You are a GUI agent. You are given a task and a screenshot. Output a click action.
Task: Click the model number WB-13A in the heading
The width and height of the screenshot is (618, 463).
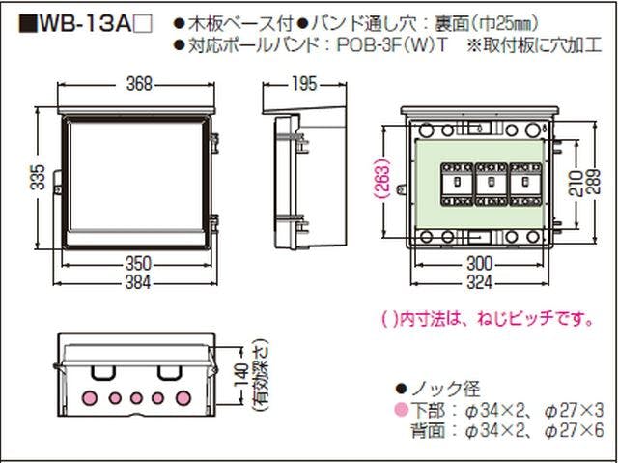[85, 25]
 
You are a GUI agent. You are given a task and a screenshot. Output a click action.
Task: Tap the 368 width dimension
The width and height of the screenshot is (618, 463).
[139, 84]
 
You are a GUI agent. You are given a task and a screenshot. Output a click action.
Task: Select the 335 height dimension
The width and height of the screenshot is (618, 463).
[38, 177]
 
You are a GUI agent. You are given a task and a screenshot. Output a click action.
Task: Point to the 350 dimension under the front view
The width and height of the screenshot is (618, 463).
[138, 264]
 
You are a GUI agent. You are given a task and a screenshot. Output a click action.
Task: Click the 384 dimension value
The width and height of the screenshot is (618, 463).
[138, 282]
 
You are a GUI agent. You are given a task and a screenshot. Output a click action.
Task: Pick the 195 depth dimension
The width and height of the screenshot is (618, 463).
[304, 83]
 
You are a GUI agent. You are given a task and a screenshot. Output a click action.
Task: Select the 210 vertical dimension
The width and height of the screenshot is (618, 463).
[576, 184]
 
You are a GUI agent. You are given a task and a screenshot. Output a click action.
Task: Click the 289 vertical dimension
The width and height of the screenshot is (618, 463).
[593, 182]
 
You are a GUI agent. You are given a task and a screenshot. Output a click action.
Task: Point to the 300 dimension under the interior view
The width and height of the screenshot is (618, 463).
[480, 264]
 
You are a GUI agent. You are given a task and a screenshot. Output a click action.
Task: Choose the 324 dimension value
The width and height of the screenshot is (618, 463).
[480, 282]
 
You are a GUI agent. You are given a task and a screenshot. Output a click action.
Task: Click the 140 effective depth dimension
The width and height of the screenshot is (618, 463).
[240, 376]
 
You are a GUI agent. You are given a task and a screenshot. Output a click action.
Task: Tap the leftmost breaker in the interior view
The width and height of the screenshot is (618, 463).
[457, 184]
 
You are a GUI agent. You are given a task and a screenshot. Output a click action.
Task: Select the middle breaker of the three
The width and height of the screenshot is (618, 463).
[492, 184]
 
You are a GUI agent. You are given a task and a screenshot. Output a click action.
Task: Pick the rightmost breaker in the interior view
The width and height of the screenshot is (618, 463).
[525, 184]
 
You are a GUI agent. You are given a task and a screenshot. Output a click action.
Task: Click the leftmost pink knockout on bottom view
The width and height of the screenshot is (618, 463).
[90, 398]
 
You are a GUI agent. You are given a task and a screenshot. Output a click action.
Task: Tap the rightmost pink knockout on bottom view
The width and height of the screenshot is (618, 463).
[183, 398]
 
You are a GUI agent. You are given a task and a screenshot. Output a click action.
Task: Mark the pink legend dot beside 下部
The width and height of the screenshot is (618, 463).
[402, 410]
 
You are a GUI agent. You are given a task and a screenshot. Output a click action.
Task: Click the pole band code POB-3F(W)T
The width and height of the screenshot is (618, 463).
[392, 45]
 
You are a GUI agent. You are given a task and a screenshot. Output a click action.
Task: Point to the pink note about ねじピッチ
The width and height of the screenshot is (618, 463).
[488, 318]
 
